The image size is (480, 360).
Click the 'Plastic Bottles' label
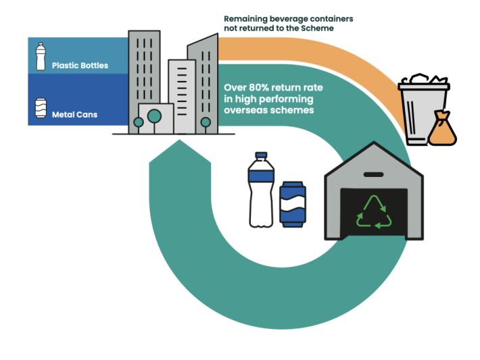[x=74, y=66]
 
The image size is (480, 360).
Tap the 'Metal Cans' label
[x=74, y=115]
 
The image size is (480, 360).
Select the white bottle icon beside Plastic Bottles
[x=40, y=57]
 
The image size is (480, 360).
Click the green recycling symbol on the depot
[x=374, y=211]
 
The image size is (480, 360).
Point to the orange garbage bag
[x=442, y=129]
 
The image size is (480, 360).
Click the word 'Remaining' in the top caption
[x=246, y=19]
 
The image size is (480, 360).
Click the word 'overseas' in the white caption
[x=246, y=109]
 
